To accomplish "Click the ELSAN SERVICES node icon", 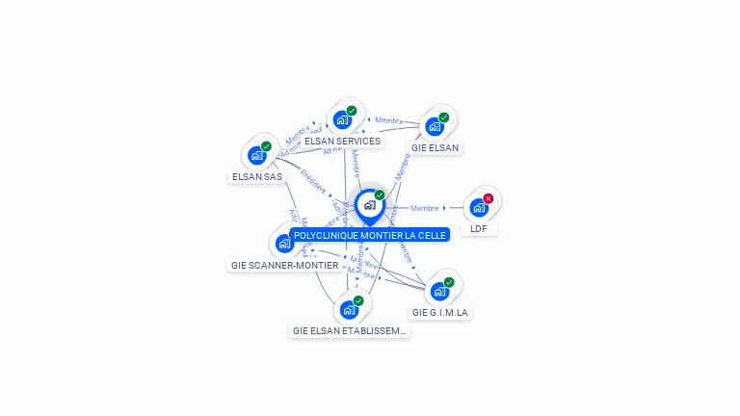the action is pyautogui.click(x=342, y=120).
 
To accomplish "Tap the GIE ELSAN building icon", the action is pyautogui.click(x=435, y=126).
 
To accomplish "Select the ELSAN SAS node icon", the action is pyautogui.click(x=257, y=155).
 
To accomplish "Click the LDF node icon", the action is pyautogui.click(x=479, y=207).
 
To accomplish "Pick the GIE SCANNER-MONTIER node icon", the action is pyautogui.click(x=284, y=243).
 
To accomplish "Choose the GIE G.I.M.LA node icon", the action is pyautogui.click(x=440, y=291).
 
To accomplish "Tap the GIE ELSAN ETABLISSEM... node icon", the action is pyautogui.click(x=350, y=309).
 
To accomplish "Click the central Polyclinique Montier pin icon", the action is pyautogui.click(x=369, y=205).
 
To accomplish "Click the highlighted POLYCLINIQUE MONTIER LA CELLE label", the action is pyautogui.click(x=370, y=235).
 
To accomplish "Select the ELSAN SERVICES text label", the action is pyautogui.click(x=342, y=141).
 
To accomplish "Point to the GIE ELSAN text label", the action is pyautogui.click(x=436, y=148).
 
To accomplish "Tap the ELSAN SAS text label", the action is pyautogui.click(x=257, y=176).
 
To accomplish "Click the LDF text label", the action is pyautogui.click(x=479, y=229).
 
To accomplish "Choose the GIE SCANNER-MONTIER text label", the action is pyautogui.click(x=285, y=265).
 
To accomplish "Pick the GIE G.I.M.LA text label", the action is pyautogui.click(x=440, y=312).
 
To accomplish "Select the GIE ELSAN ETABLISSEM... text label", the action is pyautogui.click(x=350, y=330).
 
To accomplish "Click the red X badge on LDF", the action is pyautogui.click(x=489, y=198).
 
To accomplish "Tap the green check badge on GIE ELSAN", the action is pyautogui.click(x=444, y=117).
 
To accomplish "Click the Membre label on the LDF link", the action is pyautogui.click(x=425, y=208).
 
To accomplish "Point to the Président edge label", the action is pyautogui.click(x=313, y=183).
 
